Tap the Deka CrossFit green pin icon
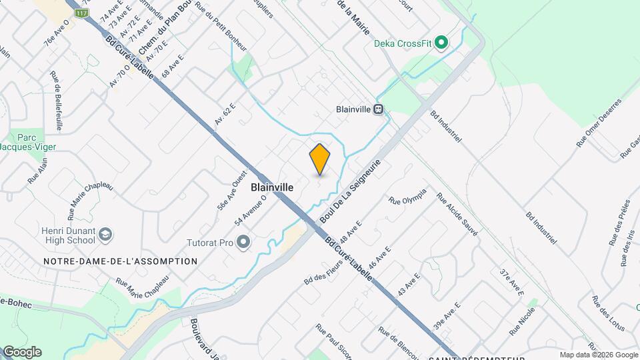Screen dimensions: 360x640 tap(440, 43)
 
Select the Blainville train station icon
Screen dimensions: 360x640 tap(378, 109)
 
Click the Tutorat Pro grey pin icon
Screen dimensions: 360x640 tap(243, 242)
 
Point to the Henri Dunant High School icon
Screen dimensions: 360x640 tap(105, 234)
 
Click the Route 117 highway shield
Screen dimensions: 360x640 tap(81, 13)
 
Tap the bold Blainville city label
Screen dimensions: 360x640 tap(272, 188)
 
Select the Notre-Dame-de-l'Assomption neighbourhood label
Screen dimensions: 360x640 tap(120, 261)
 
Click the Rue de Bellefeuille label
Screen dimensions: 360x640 tap(58, 101)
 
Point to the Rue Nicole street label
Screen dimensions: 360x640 tap(523, 321)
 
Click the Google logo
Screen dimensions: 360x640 tap(22, 352)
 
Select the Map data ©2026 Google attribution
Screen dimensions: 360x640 tap(599, 355)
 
